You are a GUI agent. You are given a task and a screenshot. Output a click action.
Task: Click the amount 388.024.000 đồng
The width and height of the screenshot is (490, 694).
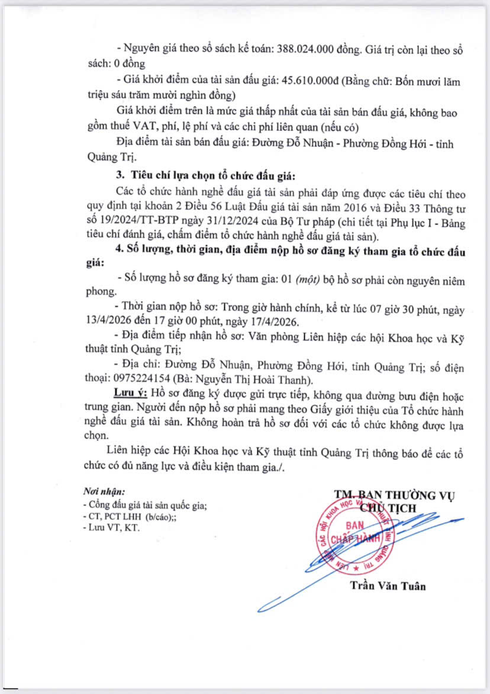pyautogui.click(x=311, y=50)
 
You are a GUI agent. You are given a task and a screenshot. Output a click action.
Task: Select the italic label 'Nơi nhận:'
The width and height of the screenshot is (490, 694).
pyautogui.click(x=104, y=492)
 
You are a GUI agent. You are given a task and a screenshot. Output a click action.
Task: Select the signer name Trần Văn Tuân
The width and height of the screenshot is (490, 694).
pyautogui.click(x=387, y=586)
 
